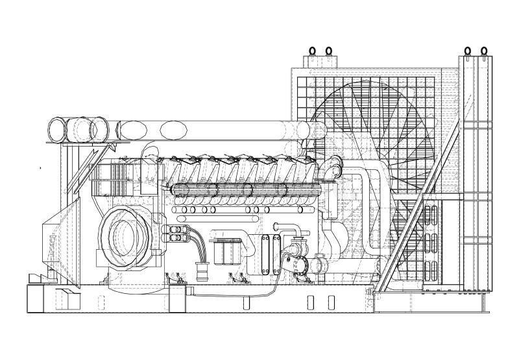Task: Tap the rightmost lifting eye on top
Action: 483,49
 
